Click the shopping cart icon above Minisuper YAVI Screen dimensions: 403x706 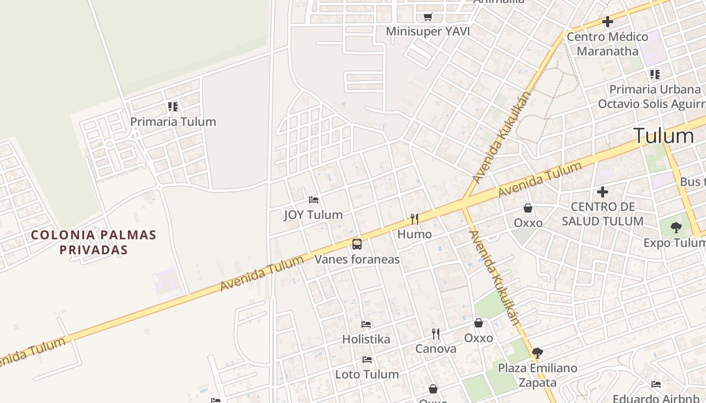point(428,17)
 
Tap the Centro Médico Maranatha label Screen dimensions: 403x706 point(607,44)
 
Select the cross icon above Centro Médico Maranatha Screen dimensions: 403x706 point(607,22)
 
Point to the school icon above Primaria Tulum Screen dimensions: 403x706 point(173,107)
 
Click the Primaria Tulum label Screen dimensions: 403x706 point(173,121)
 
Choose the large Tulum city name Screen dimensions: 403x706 point(663,136)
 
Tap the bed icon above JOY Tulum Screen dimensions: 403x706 point(313,200)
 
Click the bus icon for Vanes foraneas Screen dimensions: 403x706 point(357,245)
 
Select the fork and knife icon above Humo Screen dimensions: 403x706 point(415,219)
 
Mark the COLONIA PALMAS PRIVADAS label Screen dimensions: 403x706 point(93,242)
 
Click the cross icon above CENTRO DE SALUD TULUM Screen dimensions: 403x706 point(602,192)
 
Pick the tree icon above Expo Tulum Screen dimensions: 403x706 point(676,228)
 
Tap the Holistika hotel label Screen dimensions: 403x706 point(366,339)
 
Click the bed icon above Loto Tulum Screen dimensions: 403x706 point(367,360)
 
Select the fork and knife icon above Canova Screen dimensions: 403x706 point(436,333)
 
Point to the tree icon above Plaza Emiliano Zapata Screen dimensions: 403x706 point(537,353)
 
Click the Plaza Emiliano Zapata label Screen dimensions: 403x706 point(538,375)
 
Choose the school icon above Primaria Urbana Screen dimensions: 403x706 point(655,75)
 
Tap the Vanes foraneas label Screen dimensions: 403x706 point(357,259)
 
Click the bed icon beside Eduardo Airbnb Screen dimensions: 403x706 point(656,384)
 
